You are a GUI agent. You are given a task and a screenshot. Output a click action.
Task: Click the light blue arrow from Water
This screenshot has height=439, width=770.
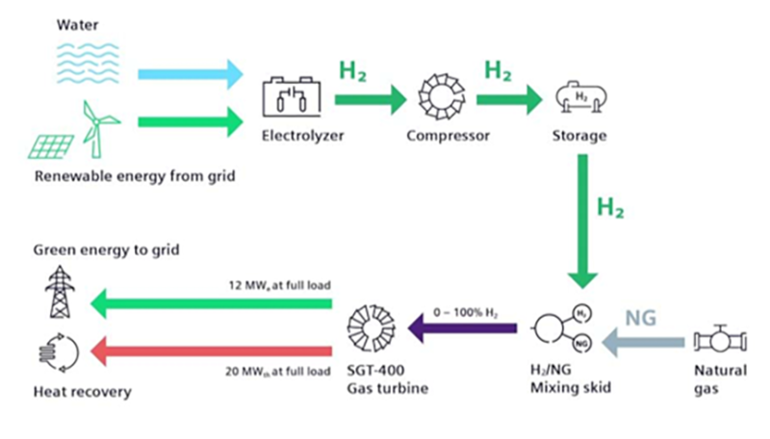click(x=190, y=72)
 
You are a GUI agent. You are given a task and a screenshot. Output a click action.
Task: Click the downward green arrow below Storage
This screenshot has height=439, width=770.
click(x=582, y=221)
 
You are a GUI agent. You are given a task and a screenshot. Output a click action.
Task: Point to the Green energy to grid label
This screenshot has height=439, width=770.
click(x=107, y=250)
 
